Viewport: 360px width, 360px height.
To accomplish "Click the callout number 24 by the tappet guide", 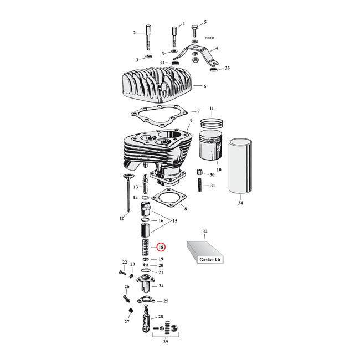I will pos(161,286).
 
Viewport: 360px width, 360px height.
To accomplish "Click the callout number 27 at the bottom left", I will pos(126,322).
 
